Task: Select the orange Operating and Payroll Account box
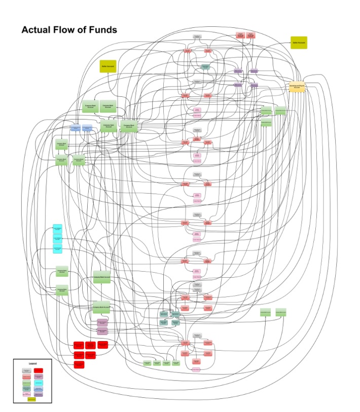click(x=297, y=87)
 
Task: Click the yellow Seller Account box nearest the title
click(x=107, y=66)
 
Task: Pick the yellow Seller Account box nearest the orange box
click(x=298, y=43)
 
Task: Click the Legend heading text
click(x=32, y=364)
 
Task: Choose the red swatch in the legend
click(x=39, y=370)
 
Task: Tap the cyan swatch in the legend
click(x=39, y=383)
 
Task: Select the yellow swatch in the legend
click(x=31, y=399)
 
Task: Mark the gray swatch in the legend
click(x=26, y=370)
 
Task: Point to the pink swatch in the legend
click(x=26, y=394)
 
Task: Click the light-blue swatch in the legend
click(x=39, y=388)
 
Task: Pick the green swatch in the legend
click(x=26, y=383)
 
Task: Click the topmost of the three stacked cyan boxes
click(x=58, y=229)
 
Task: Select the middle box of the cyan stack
click(x=58, y=238)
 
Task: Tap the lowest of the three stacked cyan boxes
click(x=58, y=248)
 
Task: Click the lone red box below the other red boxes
click(x=79, y=364)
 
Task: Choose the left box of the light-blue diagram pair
click(x=75, y=127)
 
